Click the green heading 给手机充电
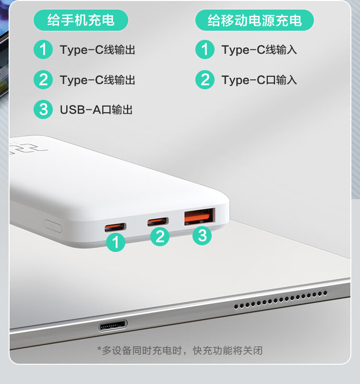click(x=81, y=20)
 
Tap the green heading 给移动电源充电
click(x=254, y=20)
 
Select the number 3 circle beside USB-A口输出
click(x=43, y=109)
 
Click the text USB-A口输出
click(x=96, y=110)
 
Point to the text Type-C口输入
click(x=259, y=80)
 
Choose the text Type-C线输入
click(x=259, y=50)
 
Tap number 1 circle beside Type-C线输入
click(x=205, y=49)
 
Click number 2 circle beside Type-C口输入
click(x=205, y=80)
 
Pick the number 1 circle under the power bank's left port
click(x=116, y=242)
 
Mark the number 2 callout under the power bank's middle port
click(x=160, y=236)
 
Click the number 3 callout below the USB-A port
click(x=202, y=236)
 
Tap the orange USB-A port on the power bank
click(x=200, y=217)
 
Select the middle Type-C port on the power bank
click(x=158, y=222)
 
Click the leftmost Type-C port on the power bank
click(x=115, y=228)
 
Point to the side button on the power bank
click(x=53, y=226)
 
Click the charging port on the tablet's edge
click(x=113, y=325)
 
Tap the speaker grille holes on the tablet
click(x=281, y=300)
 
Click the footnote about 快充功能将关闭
click(x=180, y=351)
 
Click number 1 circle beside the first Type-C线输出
click(x=43, y=49)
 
